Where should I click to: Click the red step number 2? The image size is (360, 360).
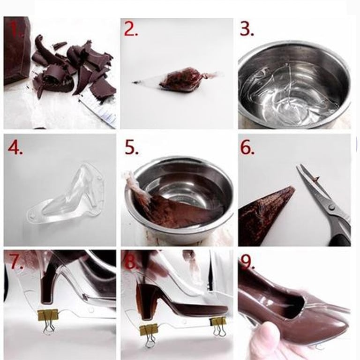click(131, 30)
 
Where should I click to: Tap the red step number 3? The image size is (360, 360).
click(247, 30)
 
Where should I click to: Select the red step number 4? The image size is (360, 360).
click(15, 148)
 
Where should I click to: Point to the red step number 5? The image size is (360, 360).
click(132, 148)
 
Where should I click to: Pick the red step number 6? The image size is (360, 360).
click(247, 148)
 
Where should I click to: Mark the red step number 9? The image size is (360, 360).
click(247, 262)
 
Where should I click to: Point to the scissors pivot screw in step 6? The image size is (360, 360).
click(331, 207)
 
